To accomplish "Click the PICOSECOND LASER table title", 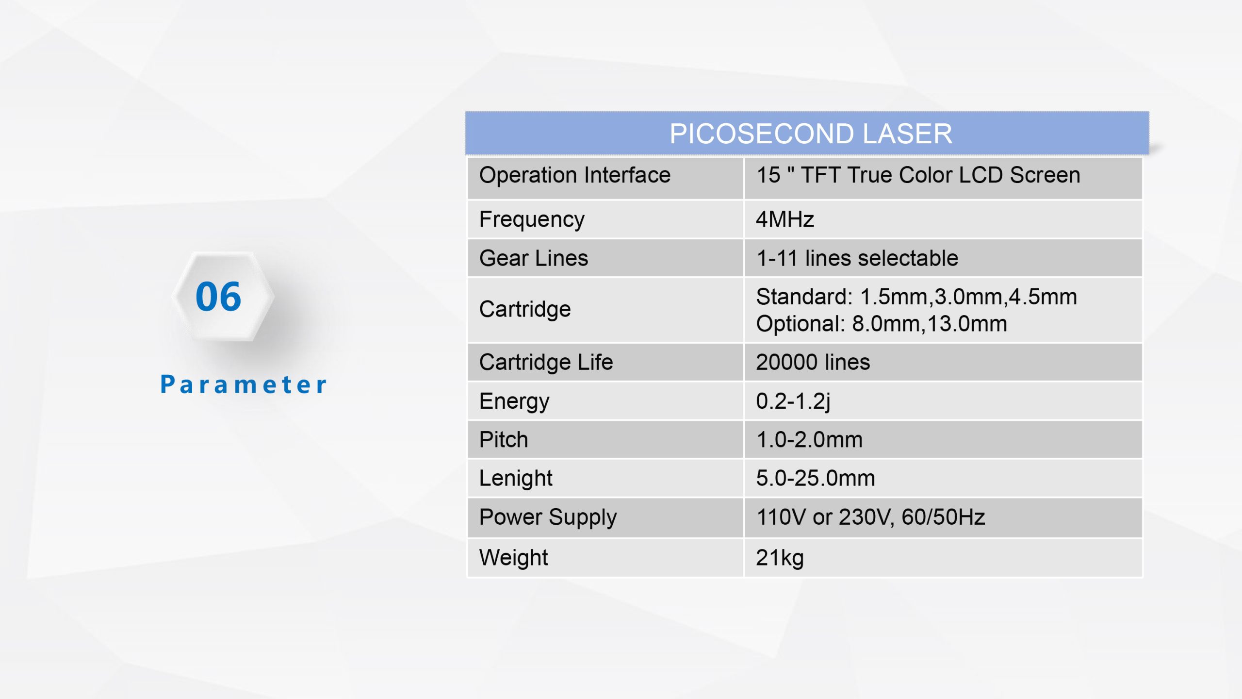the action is point(811,133).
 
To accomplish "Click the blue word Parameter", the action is point(244,384).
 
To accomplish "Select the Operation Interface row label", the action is point(575,175).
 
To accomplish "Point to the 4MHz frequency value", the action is point(785,219).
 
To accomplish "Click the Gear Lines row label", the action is point(534,258).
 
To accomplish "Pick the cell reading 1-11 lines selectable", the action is point(857,258).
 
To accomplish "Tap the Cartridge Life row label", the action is point(546,362).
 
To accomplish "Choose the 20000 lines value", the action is point(813,362).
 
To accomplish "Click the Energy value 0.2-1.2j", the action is point(793,401).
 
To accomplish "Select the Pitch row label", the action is point(504,440).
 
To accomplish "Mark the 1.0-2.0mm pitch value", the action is point(810,440).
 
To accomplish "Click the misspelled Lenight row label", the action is point(516,479).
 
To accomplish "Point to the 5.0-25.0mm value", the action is point(816,479).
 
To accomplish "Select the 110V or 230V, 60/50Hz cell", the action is point(871,517).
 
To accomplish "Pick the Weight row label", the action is point(514,558).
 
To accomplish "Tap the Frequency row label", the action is point(532,220).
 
